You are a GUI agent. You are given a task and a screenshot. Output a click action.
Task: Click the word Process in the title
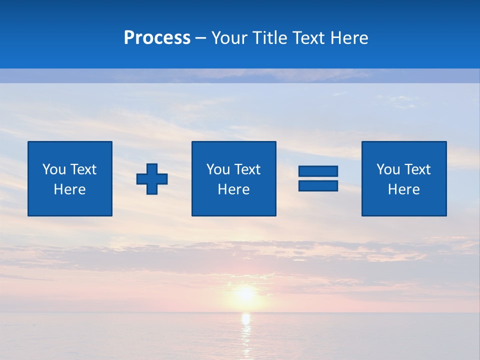[x=157, y=38]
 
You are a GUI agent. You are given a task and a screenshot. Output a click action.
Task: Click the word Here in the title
[x=350, y=38]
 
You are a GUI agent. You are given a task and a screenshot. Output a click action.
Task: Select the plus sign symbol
[x=152, y=179]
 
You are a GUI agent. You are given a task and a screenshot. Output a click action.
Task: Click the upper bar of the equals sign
[x=318, y=171]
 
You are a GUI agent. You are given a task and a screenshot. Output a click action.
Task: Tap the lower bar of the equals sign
[x=318, y=185]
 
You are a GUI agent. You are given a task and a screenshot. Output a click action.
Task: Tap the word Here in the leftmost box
[x=70, y=189]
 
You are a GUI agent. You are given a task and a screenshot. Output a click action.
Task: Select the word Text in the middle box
[x=247, y=169]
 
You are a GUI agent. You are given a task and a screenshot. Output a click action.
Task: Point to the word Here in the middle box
[x=233, y=189]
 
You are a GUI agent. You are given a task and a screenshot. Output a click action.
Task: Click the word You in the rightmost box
[x=388, y=169]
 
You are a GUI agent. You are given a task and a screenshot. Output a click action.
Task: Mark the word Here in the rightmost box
[x=403, y=189]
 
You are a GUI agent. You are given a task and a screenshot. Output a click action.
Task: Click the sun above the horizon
[x=245, y=293]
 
